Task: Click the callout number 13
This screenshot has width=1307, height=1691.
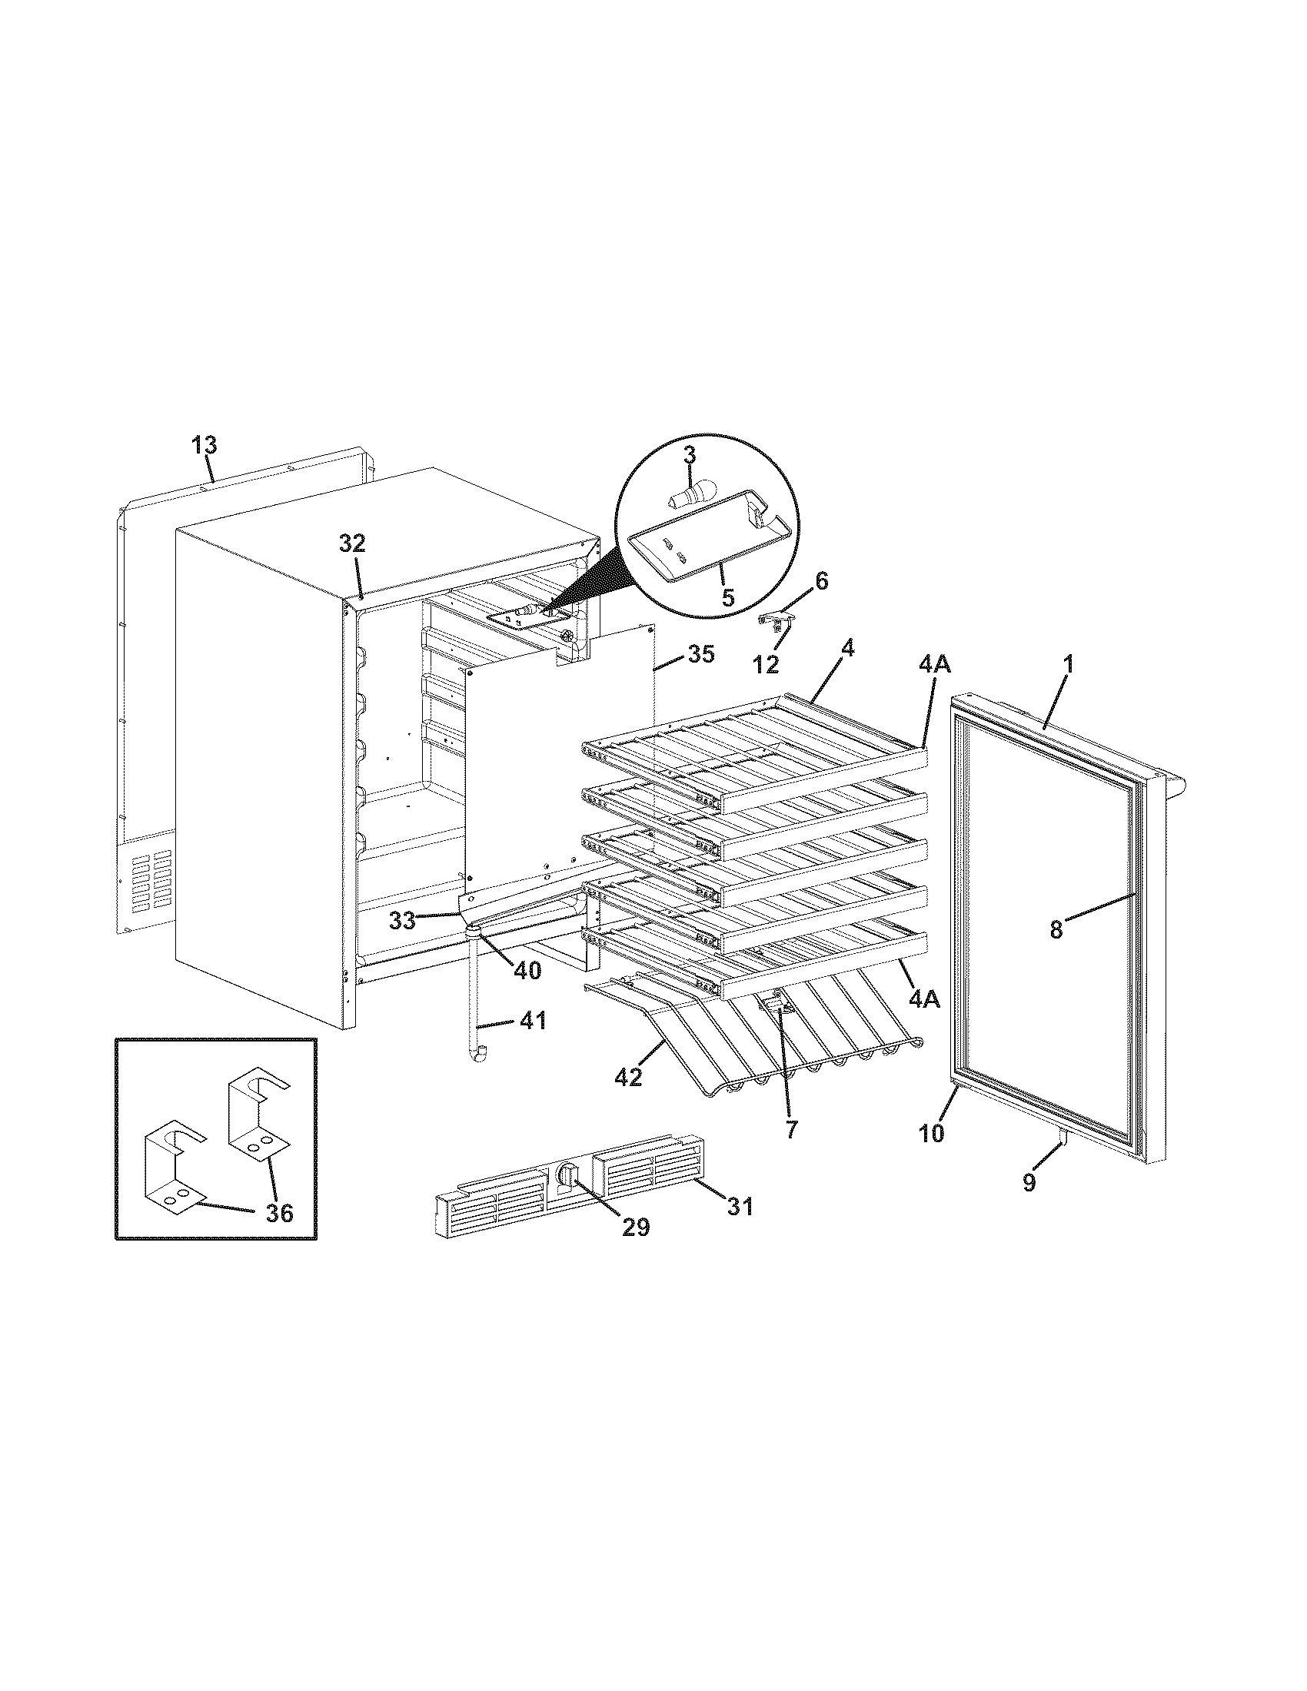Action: coord(205,445)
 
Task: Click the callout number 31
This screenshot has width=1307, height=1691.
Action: coord(740,1205)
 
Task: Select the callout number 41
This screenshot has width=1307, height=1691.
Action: coord(532,1022)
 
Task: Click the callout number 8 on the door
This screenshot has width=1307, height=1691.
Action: coord(1056,929)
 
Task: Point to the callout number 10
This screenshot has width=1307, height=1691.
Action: coord(932,1133)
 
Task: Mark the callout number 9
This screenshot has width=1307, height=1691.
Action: coord(1028,1204)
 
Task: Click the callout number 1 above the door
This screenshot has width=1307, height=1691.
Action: coord(1068,641)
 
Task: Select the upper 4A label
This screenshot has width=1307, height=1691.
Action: coord(935,663)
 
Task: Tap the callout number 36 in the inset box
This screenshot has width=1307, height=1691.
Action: coord(280,1212)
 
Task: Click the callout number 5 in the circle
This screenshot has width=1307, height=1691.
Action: coord(728,599)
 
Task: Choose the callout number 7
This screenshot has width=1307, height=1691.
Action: coord(790,1130)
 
